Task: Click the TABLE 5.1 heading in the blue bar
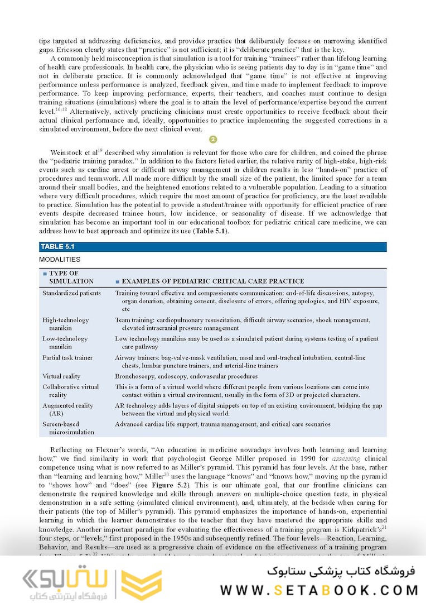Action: click(57, 247)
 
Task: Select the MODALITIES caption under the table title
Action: click(60, 260)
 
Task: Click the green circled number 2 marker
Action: click(213, 140)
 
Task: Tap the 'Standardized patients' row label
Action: click(72, 293)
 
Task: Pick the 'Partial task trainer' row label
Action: click(67, 357)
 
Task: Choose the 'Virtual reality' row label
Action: click(61, 376)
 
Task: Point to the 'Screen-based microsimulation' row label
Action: click(69, 428)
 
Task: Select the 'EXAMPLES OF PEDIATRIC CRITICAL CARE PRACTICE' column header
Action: click(212, 281)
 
